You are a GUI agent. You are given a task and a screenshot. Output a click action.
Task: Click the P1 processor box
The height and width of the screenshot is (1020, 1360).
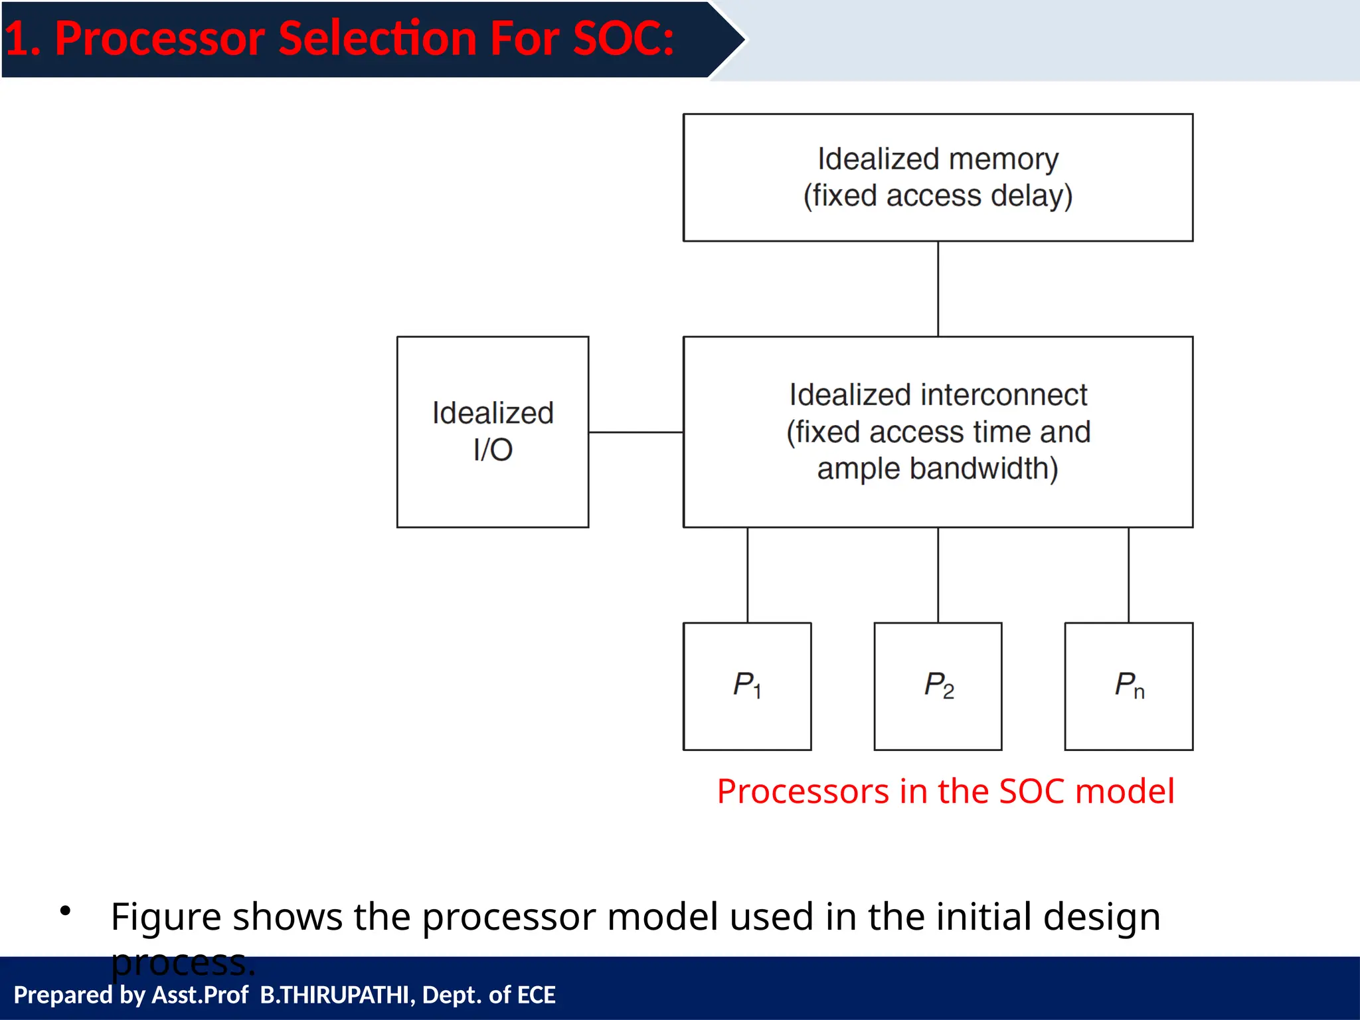click(x=747, y=686)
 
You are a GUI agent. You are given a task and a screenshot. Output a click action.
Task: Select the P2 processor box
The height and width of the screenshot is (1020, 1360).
click(x=938, y=686)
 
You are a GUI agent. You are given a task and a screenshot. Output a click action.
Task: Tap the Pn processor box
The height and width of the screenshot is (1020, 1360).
click(x=1128, y=686)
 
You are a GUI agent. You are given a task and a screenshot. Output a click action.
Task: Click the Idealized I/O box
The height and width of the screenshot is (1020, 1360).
click(x=493, y=432)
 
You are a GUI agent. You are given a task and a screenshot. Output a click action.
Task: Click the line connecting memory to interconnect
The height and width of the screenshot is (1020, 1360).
click(x=938, y=289)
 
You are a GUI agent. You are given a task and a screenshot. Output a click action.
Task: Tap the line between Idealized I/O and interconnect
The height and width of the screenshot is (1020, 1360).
click(x=636, y=432)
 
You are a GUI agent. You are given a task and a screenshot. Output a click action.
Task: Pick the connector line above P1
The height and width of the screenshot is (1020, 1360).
click(x=747, y=575)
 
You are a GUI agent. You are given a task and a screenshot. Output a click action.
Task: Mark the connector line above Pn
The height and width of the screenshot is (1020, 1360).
click(x=1128, y=575)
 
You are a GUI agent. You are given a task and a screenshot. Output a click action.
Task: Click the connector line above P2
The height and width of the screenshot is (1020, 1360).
click(x=938, y=575)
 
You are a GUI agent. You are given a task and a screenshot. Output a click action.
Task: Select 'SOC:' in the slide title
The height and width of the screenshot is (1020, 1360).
click(x=623, y=39)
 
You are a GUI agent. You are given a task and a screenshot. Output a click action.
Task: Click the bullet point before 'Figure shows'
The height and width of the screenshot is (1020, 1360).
click(x=65, y=910)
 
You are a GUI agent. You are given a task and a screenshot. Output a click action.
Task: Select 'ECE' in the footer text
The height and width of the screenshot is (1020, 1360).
click(x=536, y=995)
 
